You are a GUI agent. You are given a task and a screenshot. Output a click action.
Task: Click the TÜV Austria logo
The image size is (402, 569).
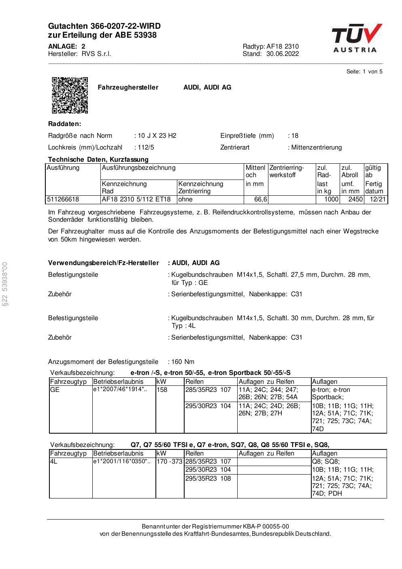click(x=356, y=39)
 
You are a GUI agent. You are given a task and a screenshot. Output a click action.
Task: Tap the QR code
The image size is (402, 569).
click(x=70, y=95)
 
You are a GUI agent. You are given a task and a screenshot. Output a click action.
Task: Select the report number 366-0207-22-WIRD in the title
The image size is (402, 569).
click(x=121, y=26)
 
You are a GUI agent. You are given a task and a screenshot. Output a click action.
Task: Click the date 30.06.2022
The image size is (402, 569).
click(x=282, y=54)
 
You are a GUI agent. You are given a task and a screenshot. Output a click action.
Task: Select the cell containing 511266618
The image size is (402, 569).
click(x=63, y=199)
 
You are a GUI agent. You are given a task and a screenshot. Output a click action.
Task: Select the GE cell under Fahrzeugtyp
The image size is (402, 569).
click(x=55, y=390)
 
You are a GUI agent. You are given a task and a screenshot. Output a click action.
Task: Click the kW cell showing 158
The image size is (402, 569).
click(x=162, y=390)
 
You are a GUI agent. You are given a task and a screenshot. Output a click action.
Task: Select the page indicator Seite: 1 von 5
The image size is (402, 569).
click(x=364, y=72)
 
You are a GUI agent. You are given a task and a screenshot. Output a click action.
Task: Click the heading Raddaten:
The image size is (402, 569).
click(x=64, y=124)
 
